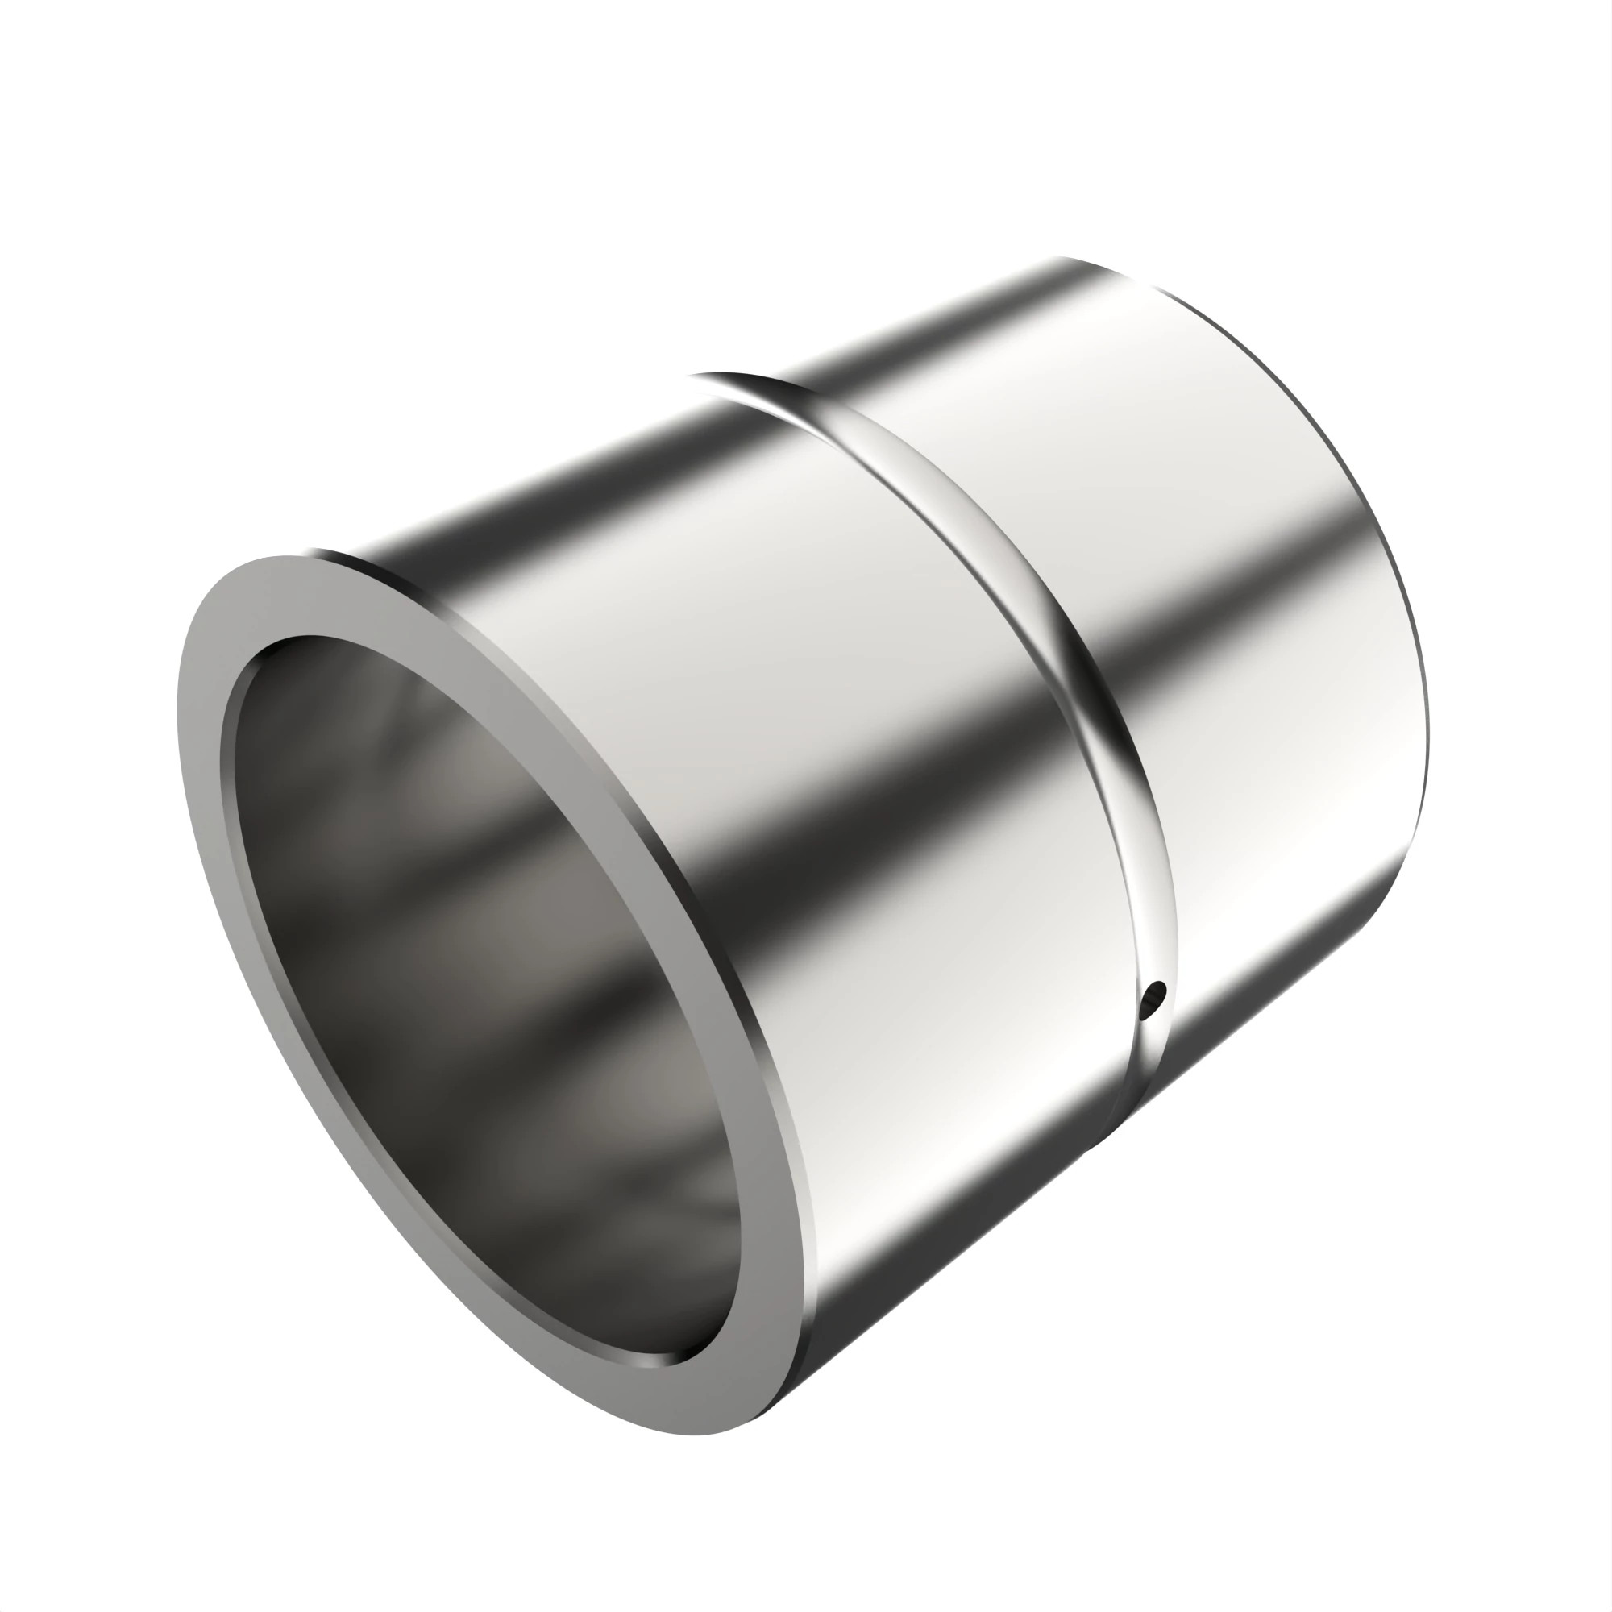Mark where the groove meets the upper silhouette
point(709,376)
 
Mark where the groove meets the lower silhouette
point(1093,1147)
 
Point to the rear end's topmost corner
point(1060,257)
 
